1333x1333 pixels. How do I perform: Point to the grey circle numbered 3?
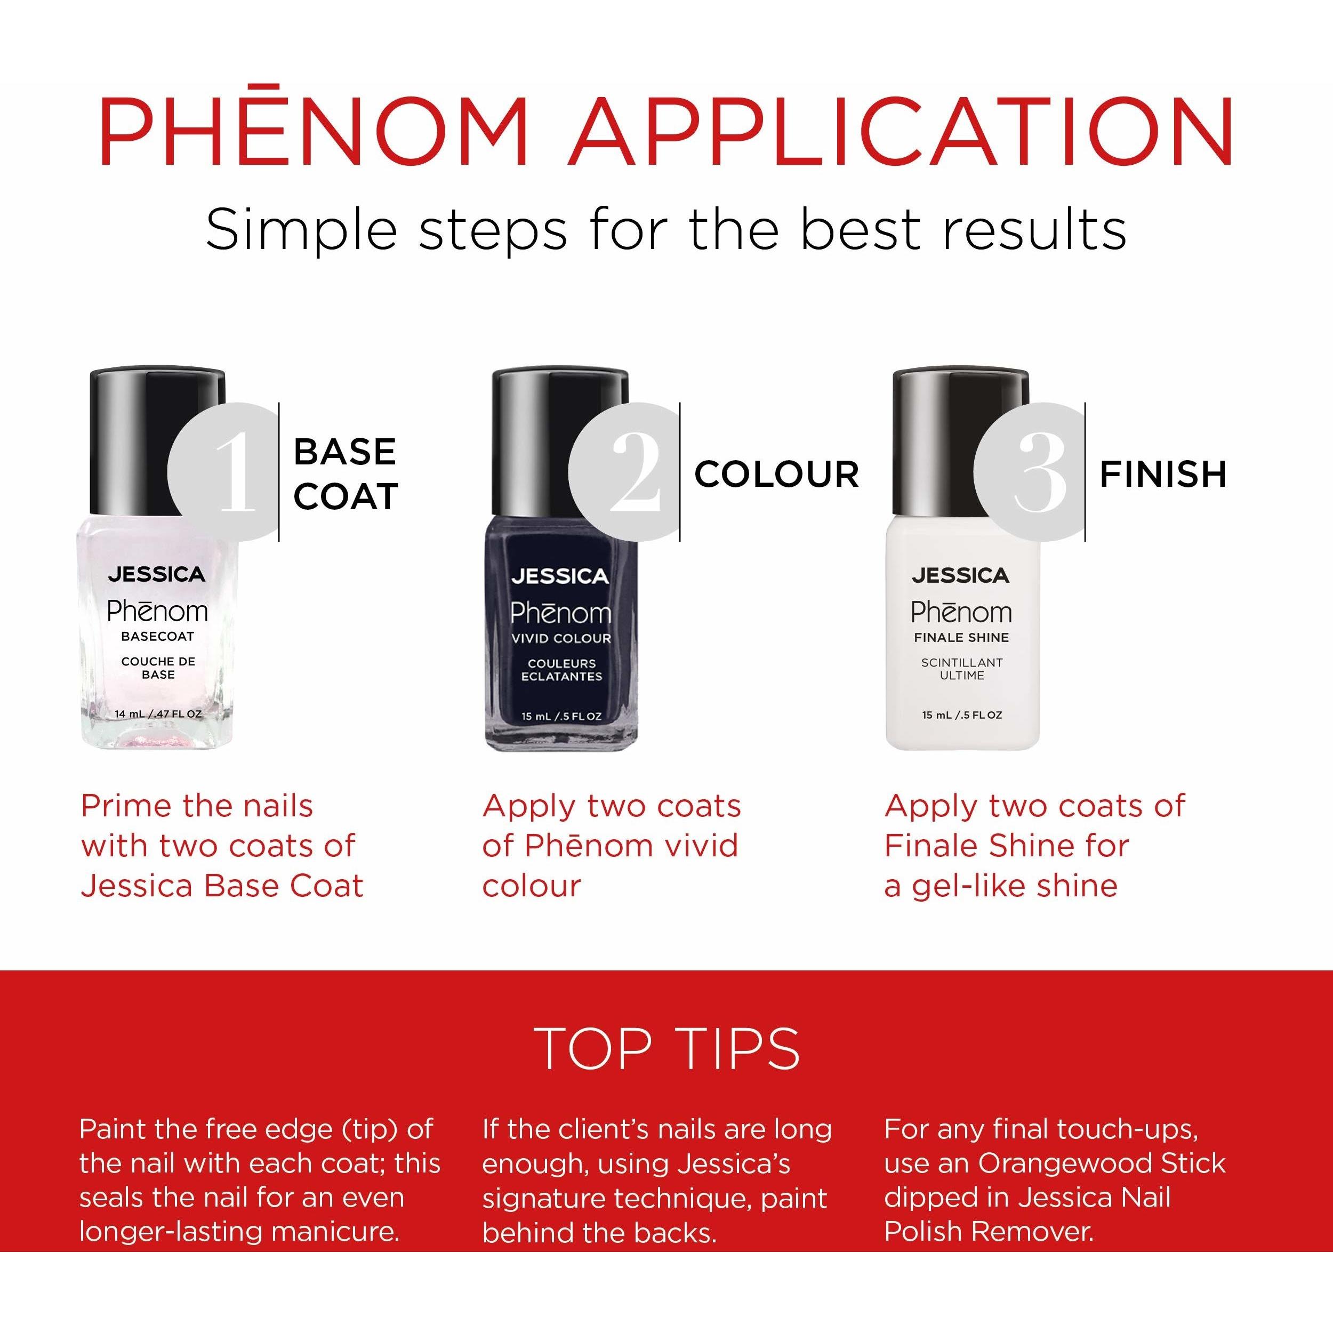coord(1031,472)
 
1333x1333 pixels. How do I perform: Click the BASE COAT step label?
coord(346,474)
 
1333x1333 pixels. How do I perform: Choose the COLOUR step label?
coord(777,474)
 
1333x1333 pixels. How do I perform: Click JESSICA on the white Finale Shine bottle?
coord(960,575)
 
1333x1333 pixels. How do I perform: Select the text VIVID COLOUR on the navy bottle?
coord(561,638)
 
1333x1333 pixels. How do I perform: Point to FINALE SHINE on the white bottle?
coord(961,638)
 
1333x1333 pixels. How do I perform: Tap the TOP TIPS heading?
coord(667,1048)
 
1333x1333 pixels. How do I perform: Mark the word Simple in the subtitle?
coord(301,230)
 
